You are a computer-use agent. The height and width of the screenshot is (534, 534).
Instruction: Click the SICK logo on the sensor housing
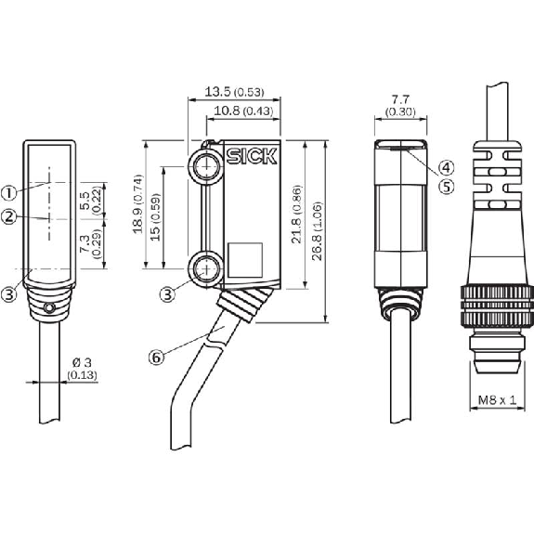pyautogui.click(x=252, y=157)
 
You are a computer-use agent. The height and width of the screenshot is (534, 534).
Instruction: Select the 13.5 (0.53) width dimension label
pyautogui.click(x=234, y=92)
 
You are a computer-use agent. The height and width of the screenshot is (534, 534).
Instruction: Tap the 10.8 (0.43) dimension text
pyautogui.click(x=243, y=111)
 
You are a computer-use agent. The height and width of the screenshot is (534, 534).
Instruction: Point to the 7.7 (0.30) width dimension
pyautogui.click(x=400, y=106)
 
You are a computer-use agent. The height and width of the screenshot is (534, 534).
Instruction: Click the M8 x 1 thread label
pyautogui.click(x=497, y=400)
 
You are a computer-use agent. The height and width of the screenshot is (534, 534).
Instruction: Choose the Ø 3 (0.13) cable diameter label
pyautogui.click(x=82, y=368)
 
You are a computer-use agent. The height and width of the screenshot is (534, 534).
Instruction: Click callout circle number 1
pyautogui.click(x=9, y=193)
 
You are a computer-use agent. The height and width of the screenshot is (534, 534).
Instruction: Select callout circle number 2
pyautogui.click(x=9, y=217)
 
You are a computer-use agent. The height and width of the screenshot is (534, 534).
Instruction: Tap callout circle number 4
pyautogui.click(x=446, y=167)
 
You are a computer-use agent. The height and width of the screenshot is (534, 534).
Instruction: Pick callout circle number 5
pyautogui.click(x=446, y=187)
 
